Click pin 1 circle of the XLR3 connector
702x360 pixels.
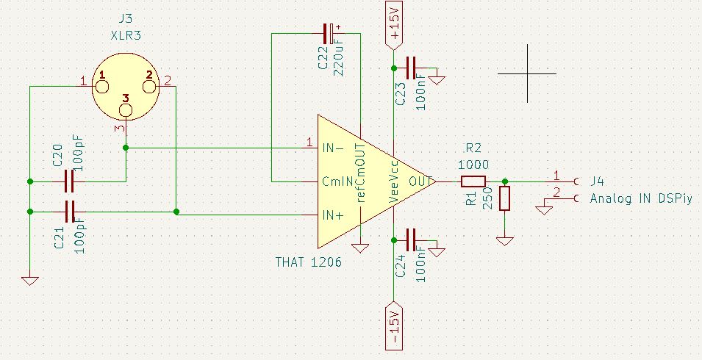click(101, 86)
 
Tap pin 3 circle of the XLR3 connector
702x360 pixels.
click(126, 110)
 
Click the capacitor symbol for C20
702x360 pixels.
click(70, 180)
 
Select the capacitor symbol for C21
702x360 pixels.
click(70, 212)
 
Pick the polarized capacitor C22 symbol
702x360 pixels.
click(329, 32)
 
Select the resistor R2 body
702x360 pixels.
click(473, 181)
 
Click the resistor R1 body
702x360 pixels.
click(504, 198)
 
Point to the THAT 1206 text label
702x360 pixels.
click(309, 262)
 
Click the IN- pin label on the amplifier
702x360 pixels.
click(333, 147)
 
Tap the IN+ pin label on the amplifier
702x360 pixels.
click(333, 215)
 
